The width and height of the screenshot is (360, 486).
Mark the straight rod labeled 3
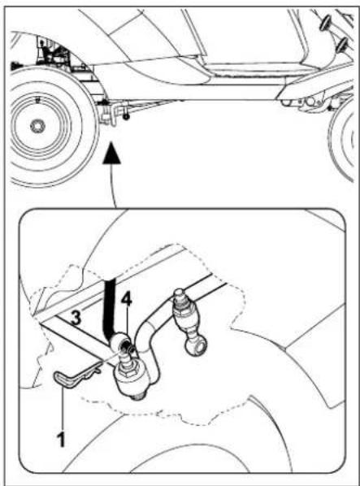69,337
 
